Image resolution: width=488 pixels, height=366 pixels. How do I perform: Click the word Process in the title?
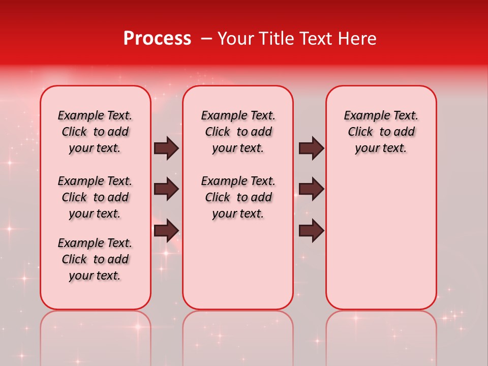coord(157,39)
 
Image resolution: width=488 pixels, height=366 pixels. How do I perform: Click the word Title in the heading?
coord(274,39)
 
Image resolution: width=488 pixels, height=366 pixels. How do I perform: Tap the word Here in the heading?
coord(358,39)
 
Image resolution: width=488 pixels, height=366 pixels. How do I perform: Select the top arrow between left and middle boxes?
coord(166,148)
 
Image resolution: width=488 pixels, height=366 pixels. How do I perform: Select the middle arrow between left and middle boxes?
coord(166,189)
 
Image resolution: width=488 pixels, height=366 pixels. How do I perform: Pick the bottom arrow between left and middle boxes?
coord(166,230)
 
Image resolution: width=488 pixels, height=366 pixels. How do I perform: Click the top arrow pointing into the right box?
coord(312,148)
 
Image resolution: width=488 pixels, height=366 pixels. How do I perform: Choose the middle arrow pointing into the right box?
coord(312,189)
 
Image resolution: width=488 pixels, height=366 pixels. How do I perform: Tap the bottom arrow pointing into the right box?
coord(312,230)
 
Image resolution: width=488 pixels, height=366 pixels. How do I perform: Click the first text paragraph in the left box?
coord(95,132)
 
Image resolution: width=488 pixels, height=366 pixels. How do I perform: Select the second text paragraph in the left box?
coord(95,197)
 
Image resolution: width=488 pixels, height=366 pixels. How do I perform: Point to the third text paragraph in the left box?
coord(95,259)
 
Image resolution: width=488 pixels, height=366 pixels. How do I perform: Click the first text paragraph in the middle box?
coord(238,132)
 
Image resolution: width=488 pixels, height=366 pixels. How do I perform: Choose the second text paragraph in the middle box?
coord(238,197)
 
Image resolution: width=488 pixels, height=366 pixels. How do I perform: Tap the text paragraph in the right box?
coord(381,132)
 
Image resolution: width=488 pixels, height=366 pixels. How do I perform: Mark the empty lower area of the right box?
coord(381,239)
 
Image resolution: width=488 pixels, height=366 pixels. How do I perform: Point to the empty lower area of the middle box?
coord(238,264)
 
